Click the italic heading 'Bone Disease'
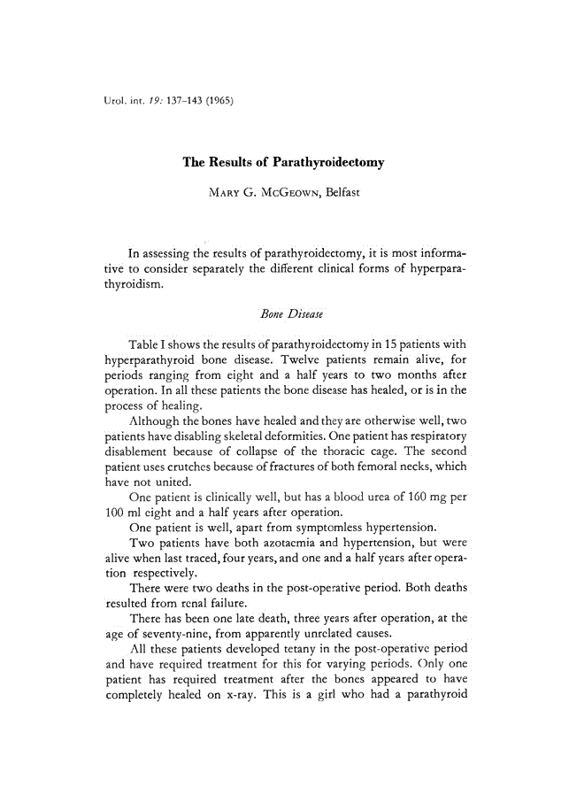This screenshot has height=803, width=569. (x=283, y=313)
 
